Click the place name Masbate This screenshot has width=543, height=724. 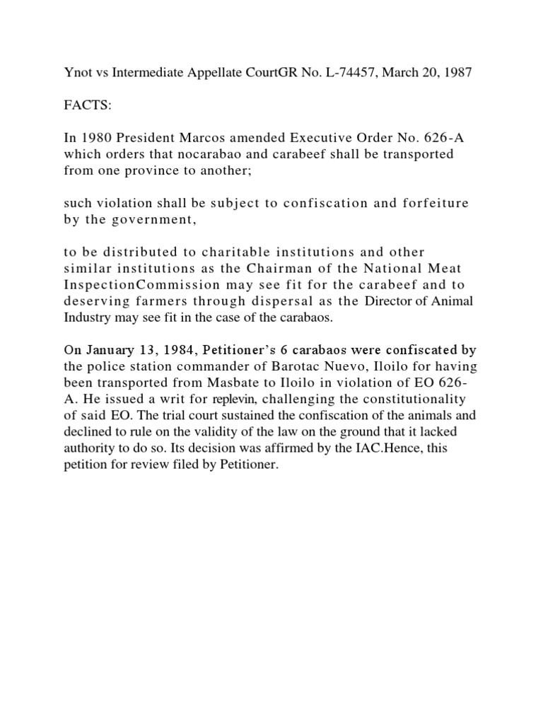[255, 384]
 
